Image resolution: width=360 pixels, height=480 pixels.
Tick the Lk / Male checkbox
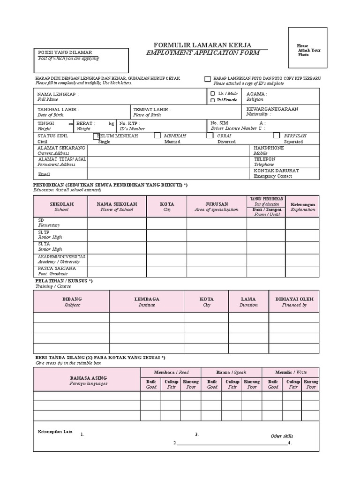(212, 94)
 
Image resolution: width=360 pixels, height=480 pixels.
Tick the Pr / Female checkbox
(212, 100)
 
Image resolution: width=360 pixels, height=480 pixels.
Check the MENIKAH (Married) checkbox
(157, 136)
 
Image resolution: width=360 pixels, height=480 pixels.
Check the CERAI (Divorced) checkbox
(210, 136)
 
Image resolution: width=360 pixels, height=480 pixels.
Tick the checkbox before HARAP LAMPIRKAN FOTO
(207, 79)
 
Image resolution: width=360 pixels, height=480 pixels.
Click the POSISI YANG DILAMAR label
(65, 52)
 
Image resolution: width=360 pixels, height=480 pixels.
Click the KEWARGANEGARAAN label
(272, 109)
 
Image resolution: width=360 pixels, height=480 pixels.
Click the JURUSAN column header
(217, 204)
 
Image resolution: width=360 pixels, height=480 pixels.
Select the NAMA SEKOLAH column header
(117, 204)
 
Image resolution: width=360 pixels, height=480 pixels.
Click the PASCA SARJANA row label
(57, 269)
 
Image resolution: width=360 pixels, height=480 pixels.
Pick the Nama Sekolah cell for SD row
(117, 223)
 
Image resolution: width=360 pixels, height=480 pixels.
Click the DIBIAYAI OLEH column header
(294, 299)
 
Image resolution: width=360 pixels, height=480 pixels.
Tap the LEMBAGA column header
(146, 299)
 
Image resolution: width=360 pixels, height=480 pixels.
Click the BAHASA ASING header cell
(88, 378)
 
